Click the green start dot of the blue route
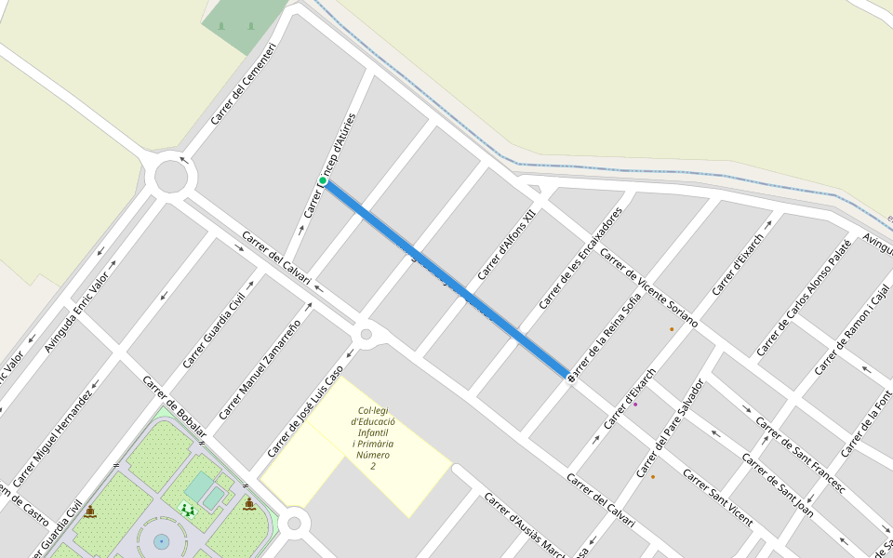tap(323, 180)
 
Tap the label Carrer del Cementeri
tap(243, 85)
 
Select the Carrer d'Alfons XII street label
tap(507, 246)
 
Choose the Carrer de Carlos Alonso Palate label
tap(803, 297)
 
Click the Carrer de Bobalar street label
tap(174, 405)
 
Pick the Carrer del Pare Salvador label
tap(670, 429)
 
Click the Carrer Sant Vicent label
tap(717, 497)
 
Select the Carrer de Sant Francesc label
tap(800, 455)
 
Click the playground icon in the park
tap(189, 509)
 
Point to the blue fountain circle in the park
tap(161, 540)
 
